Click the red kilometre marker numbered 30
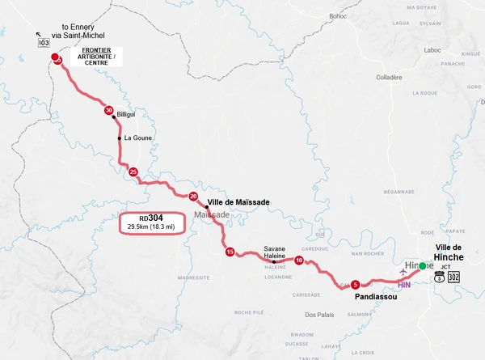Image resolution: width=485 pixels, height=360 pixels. pos(108,110)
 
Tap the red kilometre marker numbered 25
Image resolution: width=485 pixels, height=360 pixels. pos(133,172)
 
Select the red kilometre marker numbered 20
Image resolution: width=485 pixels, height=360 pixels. pos(193,197)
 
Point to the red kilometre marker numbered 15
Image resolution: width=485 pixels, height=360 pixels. pos(230,252)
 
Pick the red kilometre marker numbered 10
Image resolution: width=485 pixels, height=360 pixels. pos(299,260)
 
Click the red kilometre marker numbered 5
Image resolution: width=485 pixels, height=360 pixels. pos(356,284)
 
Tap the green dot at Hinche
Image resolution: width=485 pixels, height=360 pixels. pos(423,265)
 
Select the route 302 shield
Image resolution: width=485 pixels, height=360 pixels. pos(453,277)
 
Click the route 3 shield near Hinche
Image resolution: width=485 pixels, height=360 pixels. pos(439,277)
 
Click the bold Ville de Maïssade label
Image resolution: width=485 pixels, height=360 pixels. pos(238,201)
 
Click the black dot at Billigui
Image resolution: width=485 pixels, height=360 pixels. pos(114,116)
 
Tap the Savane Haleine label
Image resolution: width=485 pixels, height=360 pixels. pos(275,252)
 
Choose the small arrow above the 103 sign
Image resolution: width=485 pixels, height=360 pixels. pos(38,35)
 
